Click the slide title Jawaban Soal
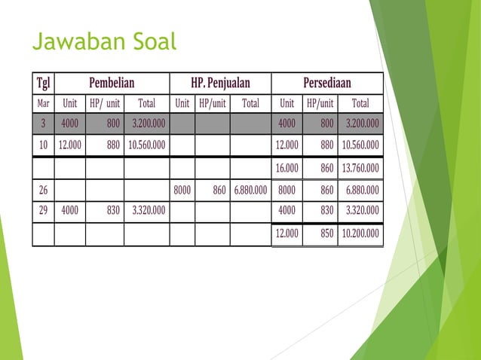point(104,42)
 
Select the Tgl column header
point(42,83)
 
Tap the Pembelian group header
point(117,83)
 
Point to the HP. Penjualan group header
point(220,83)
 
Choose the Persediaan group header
point(326,83)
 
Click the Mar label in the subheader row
point(42,103)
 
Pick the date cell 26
point(42,191)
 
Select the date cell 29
point(42,212)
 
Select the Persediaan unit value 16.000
point(286,168)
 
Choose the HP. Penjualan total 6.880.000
point(250,191)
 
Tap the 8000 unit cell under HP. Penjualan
point(182,191)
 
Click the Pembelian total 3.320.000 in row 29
point(148,212)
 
